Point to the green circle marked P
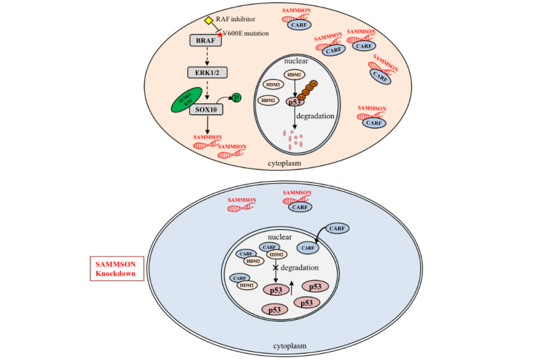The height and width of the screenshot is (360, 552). pyautogui.click(x=236, y=98)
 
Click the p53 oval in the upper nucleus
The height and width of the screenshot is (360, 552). pyautogui.click(x=294, y=101)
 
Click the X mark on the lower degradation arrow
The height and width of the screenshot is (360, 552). pyautogui.click(x=276, y=269)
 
